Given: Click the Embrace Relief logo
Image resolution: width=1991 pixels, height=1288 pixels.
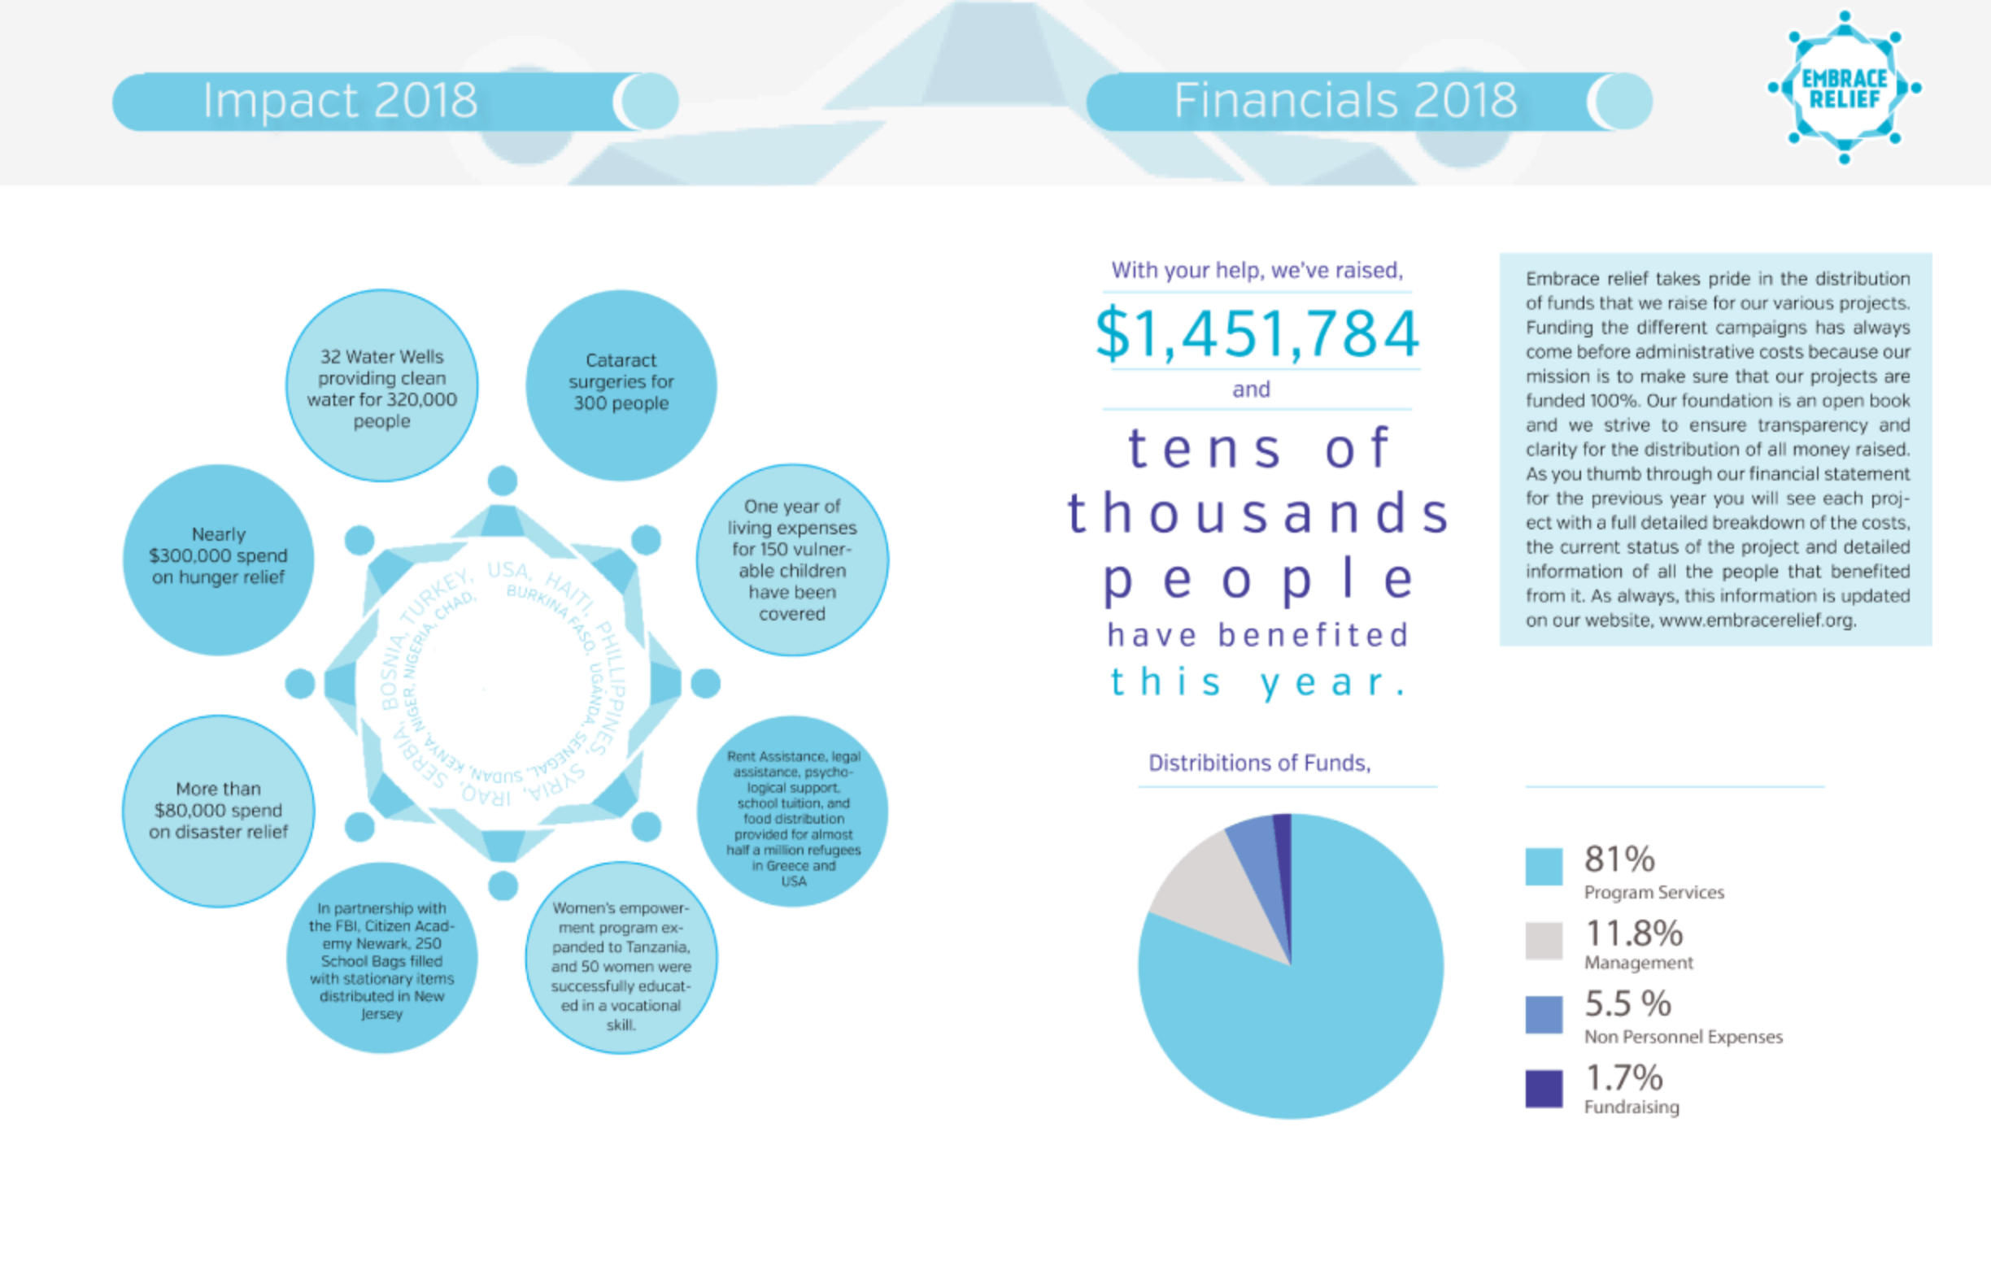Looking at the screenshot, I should (1844, 87).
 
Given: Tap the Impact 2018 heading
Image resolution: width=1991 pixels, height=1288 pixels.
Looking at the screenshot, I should (340, 100).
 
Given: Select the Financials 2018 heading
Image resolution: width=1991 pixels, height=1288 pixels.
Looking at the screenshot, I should (1344, 100).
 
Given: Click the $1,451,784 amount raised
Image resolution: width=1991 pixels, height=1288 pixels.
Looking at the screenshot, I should (1257, 333).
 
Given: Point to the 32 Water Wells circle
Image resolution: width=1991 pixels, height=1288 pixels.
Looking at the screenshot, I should (382, 386).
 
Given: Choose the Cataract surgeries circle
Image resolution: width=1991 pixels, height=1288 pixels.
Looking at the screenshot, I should (621, 385).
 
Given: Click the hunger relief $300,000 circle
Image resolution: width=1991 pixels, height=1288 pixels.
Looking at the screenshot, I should (218, 559).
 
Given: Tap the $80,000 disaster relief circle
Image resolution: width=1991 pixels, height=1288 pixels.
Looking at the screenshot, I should (218, 810).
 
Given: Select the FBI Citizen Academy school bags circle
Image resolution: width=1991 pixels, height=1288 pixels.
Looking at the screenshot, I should (382, 959).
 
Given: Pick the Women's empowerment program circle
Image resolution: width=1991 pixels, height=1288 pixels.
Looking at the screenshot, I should (621, 959).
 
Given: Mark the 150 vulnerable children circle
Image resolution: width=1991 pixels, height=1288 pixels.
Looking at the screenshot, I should (792, 560).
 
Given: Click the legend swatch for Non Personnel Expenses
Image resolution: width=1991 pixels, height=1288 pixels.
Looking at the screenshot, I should (1544, 1015).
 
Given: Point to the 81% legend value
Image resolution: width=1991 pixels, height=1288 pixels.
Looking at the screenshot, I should (1619, 859).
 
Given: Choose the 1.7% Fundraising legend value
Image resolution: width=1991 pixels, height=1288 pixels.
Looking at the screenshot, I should (1623, 1078).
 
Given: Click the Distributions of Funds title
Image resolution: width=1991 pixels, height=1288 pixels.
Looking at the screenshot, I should (1259, 763).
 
